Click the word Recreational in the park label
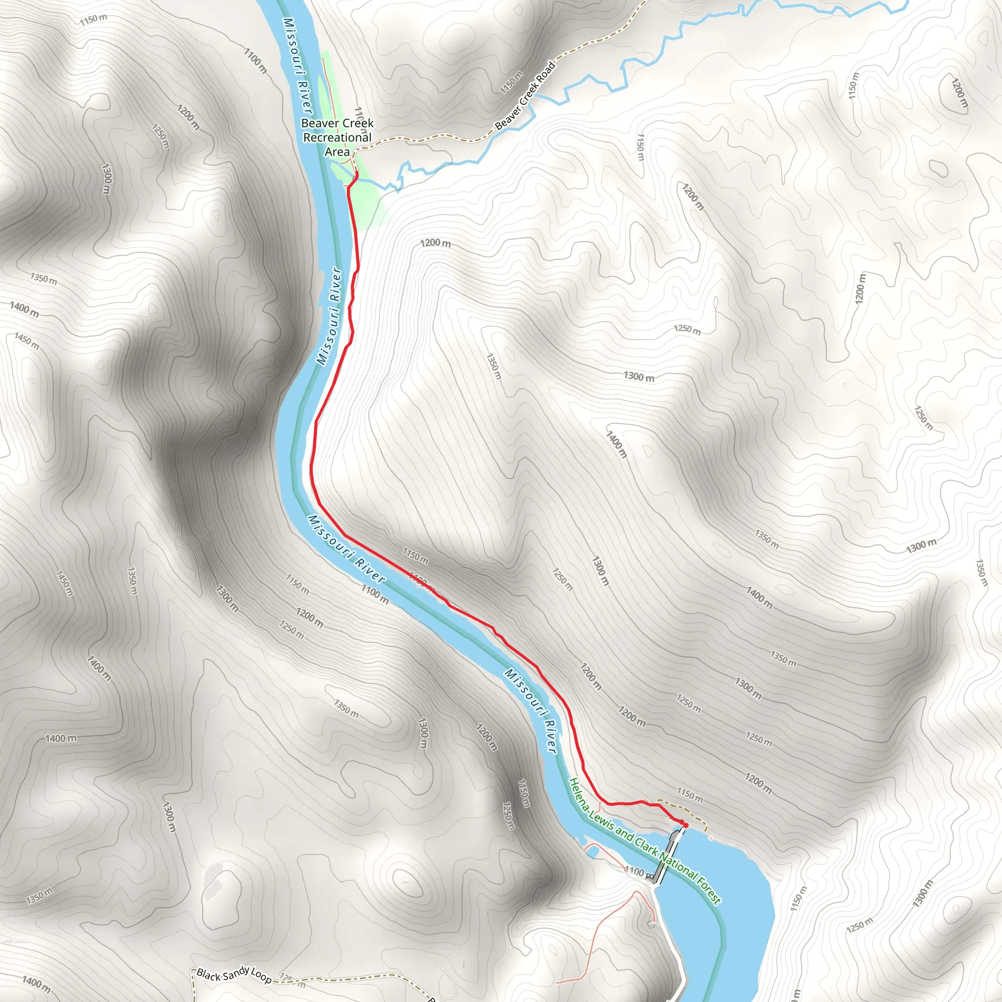(x=337, y=137)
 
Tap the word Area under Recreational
(x=337, y=152)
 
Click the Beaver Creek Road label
(x=525, y=96)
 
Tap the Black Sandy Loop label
(x=234, y=975)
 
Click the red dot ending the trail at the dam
(x=685, y=824)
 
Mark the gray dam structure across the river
(x=667, y=856)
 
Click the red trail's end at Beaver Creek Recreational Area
(x=357, y=173)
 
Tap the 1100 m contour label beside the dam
(x=639, y=872)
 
